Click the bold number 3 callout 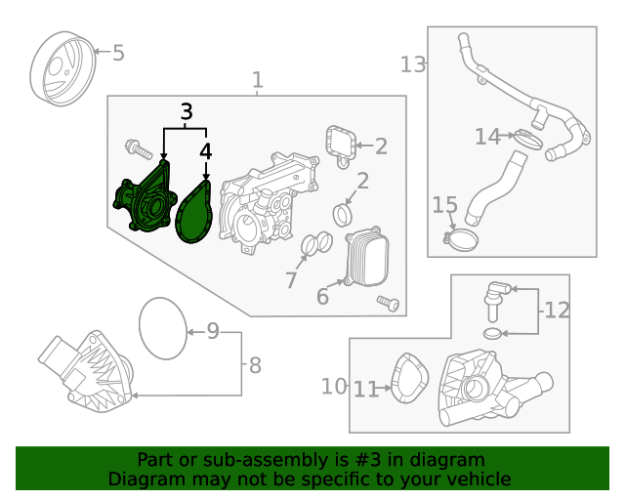click(x=186, y=112)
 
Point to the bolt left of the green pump click(x=135, y=149)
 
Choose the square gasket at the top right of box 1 click(x=339, y=145)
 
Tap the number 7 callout click(x=291, y=281)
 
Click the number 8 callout click(x=255, y=366)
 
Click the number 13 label click(x=414, y=64)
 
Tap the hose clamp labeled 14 click(x=527, y=138)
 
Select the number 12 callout click(x=557, y=312)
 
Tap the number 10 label click(x=334, y=387)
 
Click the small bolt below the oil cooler click(x=389, y=304)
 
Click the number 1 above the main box click(x=257, y=80)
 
